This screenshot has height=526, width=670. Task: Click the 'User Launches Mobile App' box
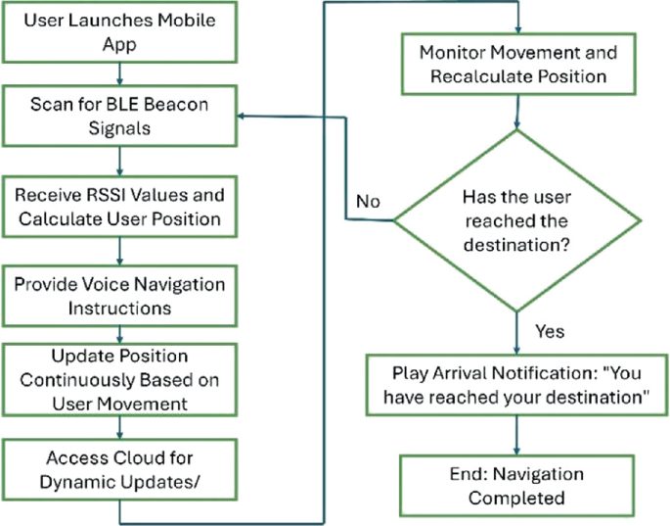[119, 31]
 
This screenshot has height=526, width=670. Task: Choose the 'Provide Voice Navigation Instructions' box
[119, 295]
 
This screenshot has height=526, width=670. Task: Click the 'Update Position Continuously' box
[119, 377]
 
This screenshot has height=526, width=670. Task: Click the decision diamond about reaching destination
[516, 221]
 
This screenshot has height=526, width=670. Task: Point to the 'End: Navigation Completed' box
[516, 486]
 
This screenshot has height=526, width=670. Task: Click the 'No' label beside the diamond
[368, 203]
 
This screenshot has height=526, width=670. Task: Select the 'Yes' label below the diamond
[550, 331]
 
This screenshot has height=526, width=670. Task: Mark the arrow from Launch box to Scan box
[119, 72]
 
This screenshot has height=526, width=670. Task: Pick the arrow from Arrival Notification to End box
[516, 434]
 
